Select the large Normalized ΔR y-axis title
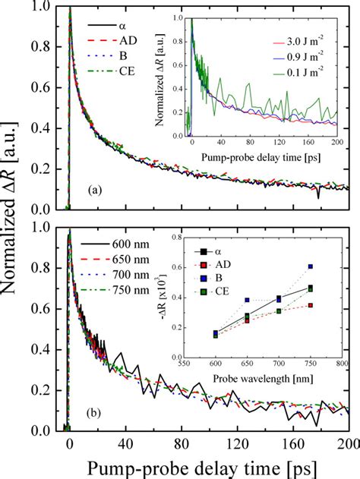pyautogui.click(x=17, y=220)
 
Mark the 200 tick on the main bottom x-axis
pyautogui.click(x=349, y=443)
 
